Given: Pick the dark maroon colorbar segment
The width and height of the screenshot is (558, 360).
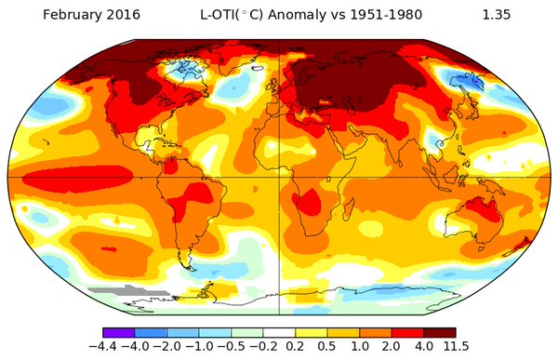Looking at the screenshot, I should [440, 332].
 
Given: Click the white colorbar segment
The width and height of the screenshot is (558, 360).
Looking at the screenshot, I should [279, 332].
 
